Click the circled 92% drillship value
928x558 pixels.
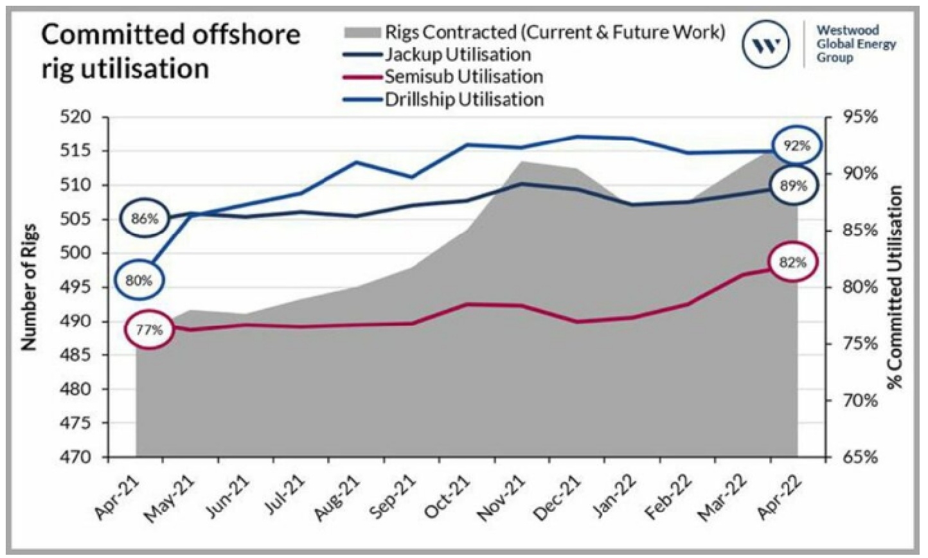(x=798, y=146)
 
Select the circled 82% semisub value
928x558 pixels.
(x=792, y=262)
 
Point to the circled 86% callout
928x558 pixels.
(x=145, y=218)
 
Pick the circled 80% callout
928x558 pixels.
(x=139, y=281)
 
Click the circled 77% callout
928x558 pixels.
(x=150, y=330)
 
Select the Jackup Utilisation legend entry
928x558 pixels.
(x=438, y=55)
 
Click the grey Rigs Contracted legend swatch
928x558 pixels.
(x=362, y=32)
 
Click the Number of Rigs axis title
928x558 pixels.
(x=28, y=287)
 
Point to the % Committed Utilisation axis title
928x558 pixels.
(x=896, y=287)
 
